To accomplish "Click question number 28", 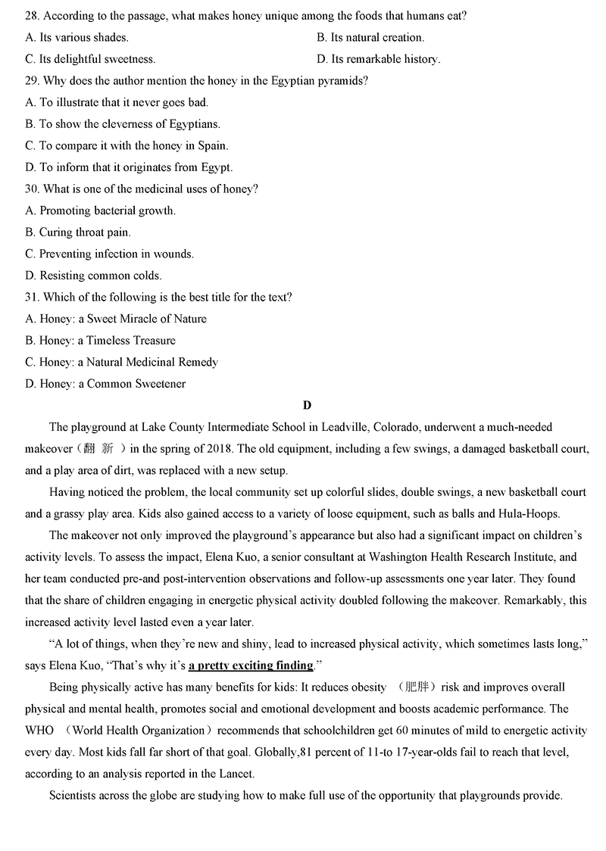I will [x=32, y=15].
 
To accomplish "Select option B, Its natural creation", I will [x=370, y=37].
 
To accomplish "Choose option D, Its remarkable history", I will [x=378, y=59].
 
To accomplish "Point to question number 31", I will [x=32, y=297].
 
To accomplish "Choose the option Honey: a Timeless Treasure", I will [x=100, y=341].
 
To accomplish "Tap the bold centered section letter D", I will [x=307, y=405].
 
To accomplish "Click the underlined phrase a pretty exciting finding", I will [x=251, y=666].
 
